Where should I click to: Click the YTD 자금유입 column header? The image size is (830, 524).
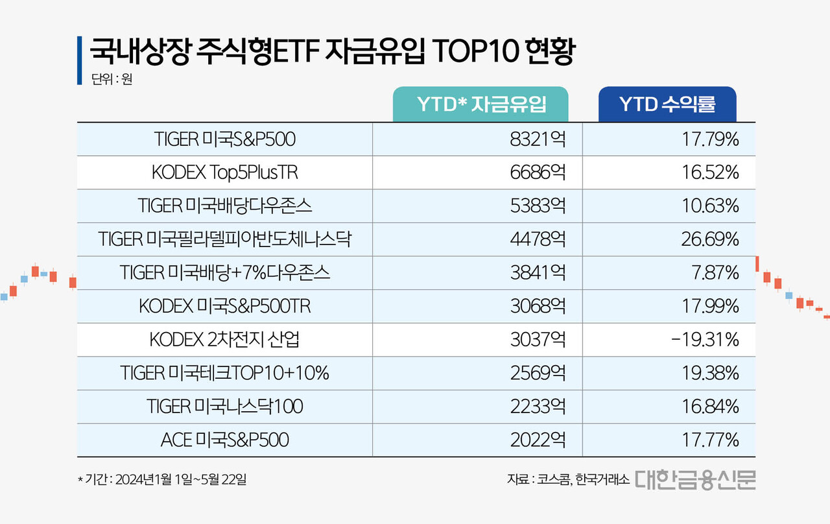(480, 104)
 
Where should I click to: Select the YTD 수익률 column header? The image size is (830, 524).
(667, 104)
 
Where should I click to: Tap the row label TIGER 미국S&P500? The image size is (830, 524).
(225, 139)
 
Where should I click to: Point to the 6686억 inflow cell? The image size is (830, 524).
(538, 173)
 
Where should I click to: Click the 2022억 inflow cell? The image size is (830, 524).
(538, 440)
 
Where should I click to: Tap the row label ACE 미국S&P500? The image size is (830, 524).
(225, 440)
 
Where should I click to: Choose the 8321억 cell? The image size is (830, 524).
(538, 139)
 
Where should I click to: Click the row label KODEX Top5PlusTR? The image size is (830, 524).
(225, 173)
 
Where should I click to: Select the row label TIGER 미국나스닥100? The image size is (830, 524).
(225, 407)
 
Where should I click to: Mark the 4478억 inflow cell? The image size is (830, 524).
(538, 239)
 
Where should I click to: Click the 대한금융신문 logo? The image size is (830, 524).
(695, 479)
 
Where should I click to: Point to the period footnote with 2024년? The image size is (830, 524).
(161, 480)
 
